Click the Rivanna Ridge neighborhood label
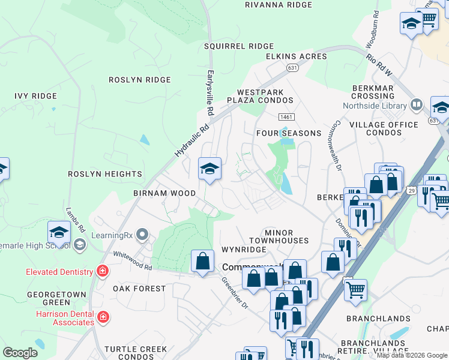tap(279, 5)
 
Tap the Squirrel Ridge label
tap(238, 46)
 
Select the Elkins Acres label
tap(297, 56)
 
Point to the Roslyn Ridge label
tap(139, 80)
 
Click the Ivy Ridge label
tap(35, 96)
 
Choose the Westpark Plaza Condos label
tap(259, 95)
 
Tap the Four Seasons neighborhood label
tap(288, 133)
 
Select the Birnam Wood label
tap(164, 193)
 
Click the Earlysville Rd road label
tap(210, 92)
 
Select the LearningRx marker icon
tap(142, 233)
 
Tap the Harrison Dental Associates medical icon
tap(103, 316)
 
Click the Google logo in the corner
tap(20, 353)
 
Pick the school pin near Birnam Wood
tap(209, 169)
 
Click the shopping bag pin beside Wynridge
tap(202, 261)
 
